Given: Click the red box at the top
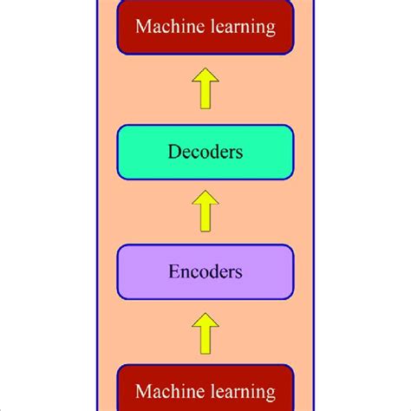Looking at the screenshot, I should pyautogui.click(x=205, y=29).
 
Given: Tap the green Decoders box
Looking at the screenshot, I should pyautogui.click(x=205, y=152).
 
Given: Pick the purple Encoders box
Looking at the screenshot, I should pyautogui.click(x=205, y=271).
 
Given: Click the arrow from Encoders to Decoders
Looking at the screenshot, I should pyautogui.click(x=205, y=212).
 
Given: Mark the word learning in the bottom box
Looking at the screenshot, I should pyautogui.click(x=244, y=393).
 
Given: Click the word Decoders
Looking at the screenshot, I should pyautogui.click(x=205, y=152).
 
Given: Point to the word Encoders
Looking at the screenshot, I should pyautogui.click(x=205, y=271).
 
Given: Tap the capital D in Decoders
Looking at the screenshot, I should pyautogui.click(x=173, y=152).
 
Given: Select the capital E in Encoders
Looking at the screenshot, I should pyautogui.click(x=173, y=271).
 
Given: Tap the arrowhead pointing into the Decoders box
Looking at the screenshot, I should pyautogui.click(x=205, y=201).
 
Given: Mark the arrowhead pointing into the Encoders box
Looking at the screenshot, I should pyautogui.click(x=205, y=321).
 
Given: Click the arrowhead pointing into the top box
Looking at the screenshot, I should pyautogui.click(x=205, y=79).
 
